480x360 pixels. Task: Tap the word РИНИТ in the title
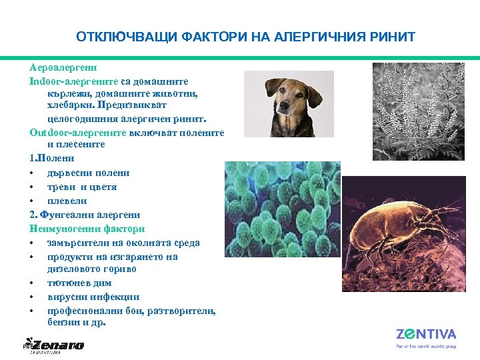click(393, 37)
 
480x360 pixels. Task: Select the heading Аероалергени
click(63, 67)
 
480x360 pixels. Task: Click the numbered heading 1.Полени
click(51, 159)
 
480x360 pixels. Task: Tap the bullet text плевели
click(67, 201)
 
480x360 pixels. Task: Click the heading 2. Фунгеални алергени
click(85, 215)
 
